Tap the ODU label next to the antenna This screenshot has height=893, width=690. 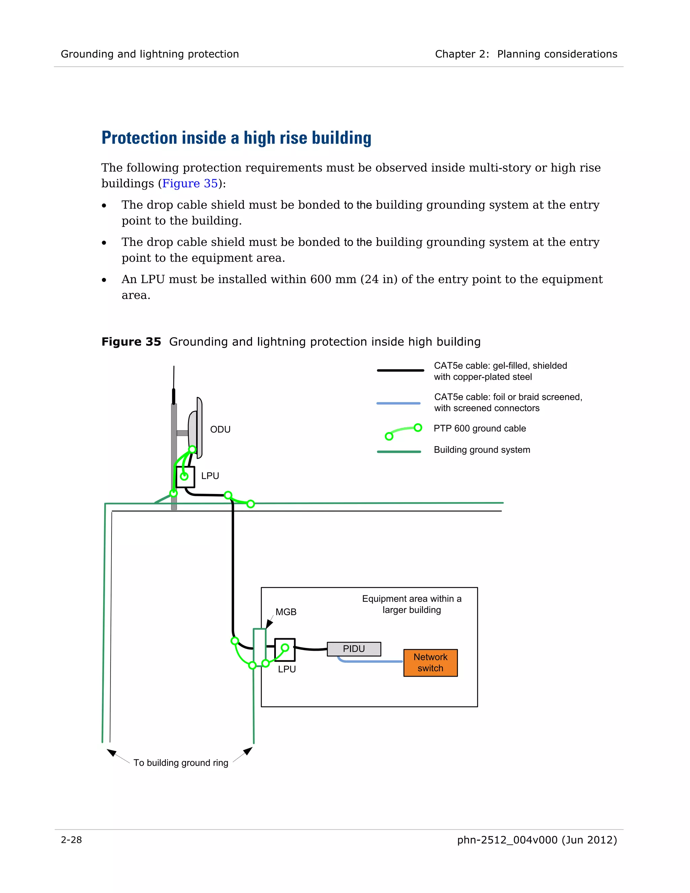[x=220, y=429]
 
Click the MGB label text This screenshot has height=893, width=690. [x=286, y=612]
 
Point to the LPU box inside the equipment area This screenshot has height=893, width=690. [x=285, y=650]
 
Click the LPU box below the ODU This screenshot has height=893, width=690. [x=186, y=477]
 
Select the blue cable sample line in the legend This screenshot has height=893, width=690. [x=398, y=403]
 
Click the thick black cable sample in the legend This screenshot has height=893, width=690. [x=400, y=370]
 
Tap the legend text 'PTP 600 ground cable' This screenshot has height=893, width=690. [x=479, y=429]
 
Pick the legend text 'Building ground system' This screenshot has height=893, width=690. [x=481, y=450]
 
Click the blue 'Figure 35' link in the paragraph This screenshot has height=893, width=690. [x=190, y=184]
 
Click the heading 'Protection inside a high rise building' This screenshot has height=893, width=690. [x=236, y=138]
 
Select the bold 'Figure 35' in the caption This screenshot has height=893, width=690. [x=131, y=342]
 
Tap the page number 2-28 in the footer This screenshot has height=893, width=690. [x=71, y=840]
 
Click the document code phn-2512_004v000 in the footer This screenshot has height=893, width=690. [x=507, y=840]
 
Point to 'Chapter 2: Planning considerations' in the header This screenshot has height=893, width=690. [x=526, y=54]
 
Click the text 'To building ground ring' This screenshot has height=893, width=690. [x=181, y=763]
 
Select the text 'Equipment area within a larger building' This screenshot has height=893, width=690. [x=411, y=604]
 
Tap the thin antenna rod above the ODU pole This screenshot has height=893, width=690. [x=174, y=378]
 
